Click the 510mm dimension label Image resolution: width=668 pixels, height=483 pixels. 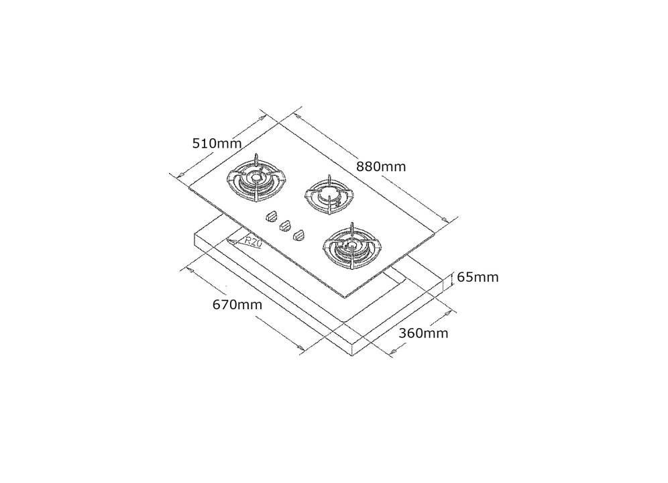pyautogui.click(x=217, y=144)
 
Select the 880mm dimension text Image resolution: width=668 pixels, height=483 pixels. pyautogui.click(x=381, y=166)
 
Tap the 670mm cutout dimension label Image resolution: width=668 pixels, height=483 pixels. pyautogui.click(x=237, y=305)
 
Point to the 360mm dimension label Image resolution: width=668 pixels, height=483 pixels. pyautogui.click(x=423, y=333)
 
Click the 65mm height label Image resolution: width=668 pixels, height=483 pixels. pyautogui.click(x=478, y=277)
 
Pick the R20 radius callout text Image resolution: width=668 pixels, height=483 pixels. pyautogui.click(x=253, y=242)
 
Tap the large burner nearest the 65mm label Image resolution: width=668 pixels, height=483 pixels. pyautogui.click(x=352, y=248)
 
